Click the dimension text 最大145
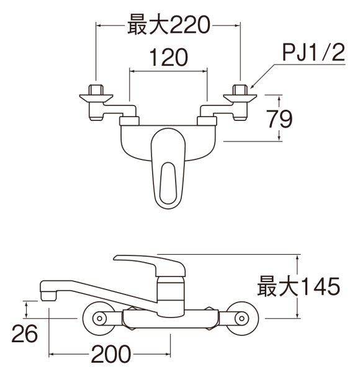tap(299, 286)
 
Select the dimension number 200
tap(110, 355)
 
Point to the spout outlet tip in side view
tap(47, 296)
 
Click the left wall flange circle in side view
tap(98, 319)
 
